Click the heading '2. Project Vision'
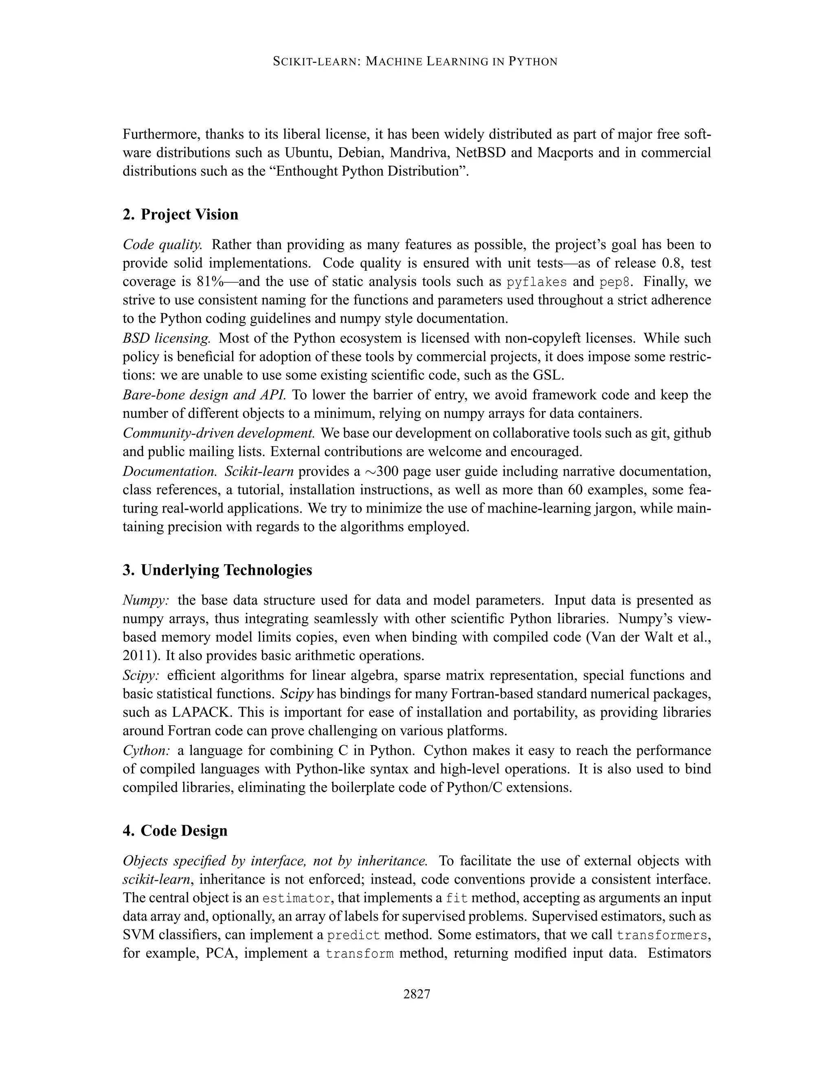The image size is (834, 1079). pyautogui.click(x=180, y=215)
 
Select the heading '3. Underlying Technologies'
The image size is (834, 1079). pyautogui.click(x=217, y=570)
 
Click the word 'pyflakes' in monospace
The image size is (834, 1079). pyautogui.click(x=537, y=282)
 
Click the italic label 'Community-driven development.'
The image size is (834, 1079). pyautogui.click(x=219, y=433)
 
